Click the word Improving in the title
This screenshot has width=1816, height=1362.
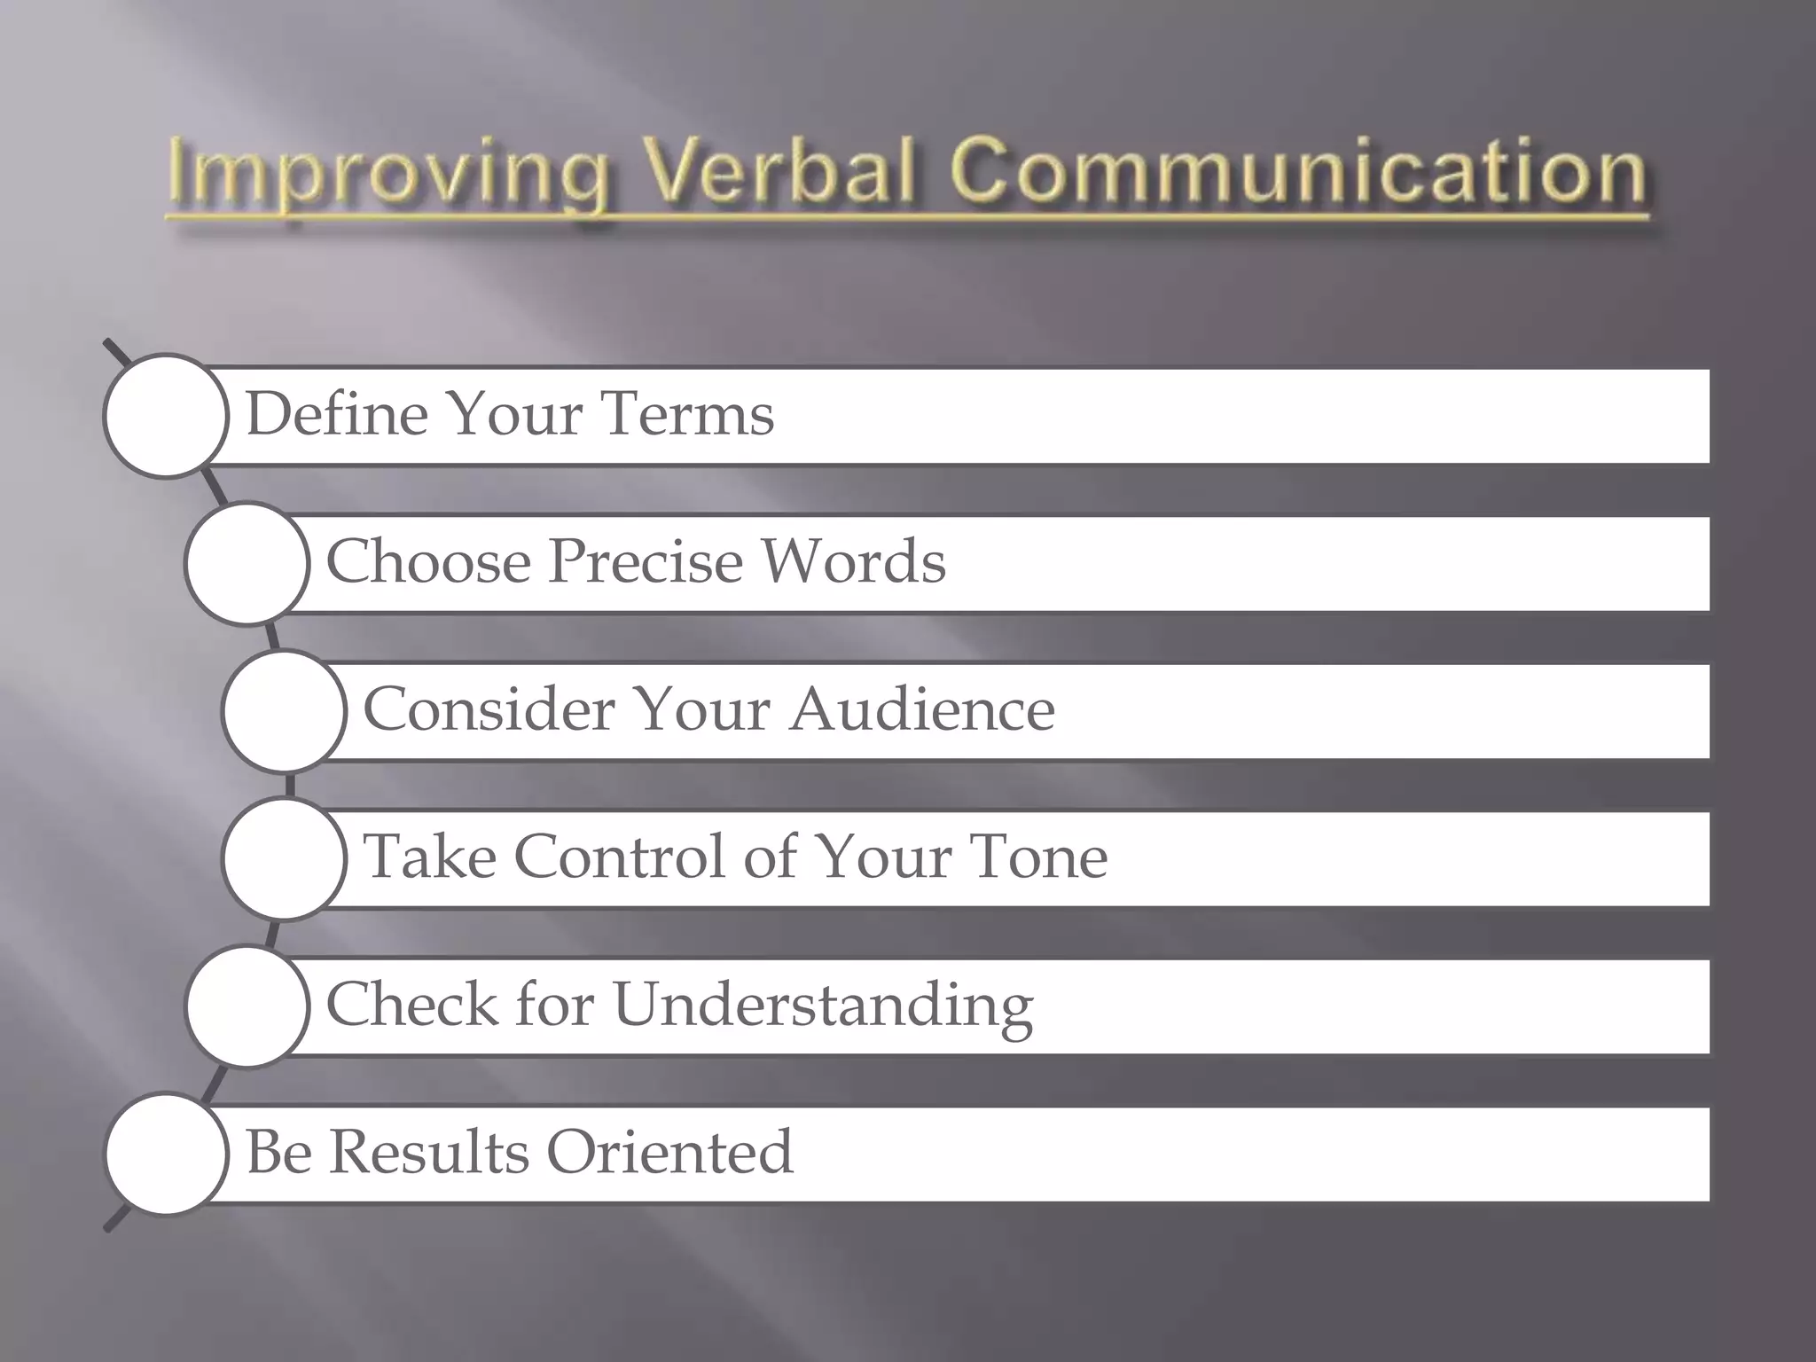[x=388, y=174]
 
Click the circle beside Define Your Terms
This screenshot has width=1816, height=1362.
[x=166, y=416]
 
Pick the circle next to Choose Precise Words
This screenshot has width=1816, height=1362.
[x=247, y=564]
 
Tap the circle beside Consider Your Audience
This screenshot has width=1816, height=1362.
[x=284, y=711]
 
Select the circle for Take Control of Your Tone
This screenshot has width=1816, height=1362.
[x=284, y=858]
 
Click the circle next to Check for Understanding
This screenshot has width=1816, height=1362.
[x=247, y=1006]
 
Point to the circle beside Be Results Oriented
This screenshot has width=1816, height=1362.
[x=166, y=1154]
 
